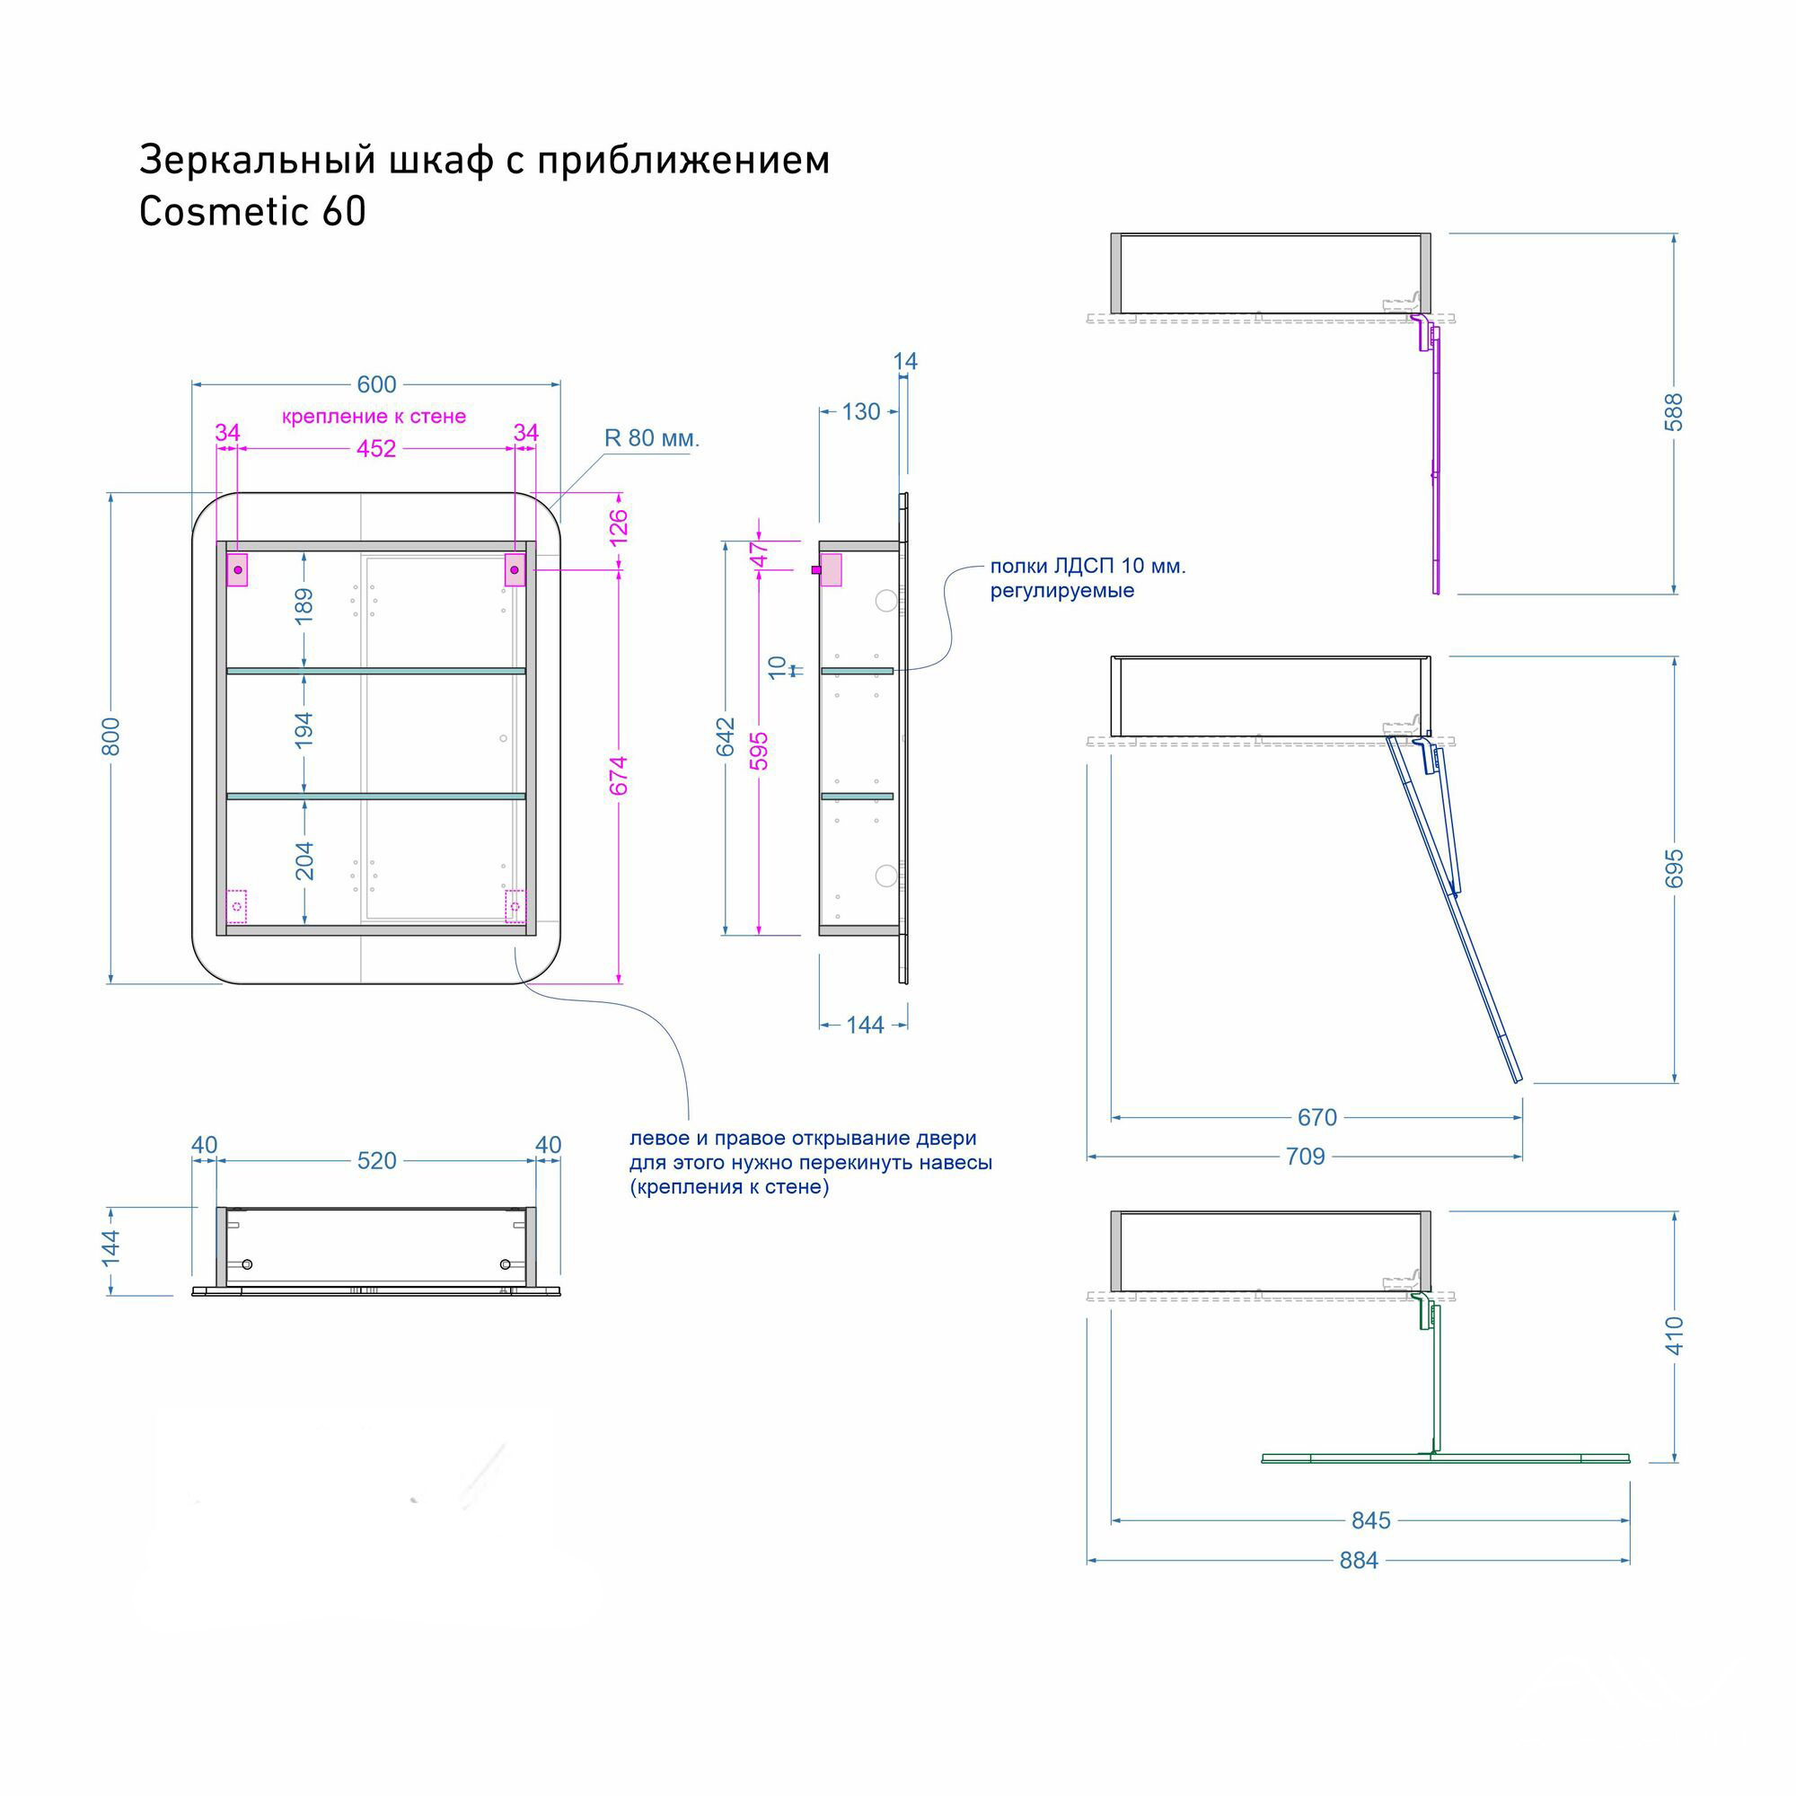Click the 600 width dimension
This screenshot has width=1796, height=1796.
pos(376,384)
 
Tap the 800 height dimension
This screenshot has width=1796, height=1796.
pos(110,736)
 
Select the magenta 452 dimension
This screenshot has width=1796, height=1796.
pos(376,449)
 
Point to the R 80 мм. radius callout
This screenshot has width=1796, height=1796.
pos(652,438)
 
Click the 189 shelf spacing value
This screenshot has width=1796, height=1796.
pos(304,606)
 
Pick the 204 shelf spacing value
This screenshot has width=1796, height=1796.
pos(304,861)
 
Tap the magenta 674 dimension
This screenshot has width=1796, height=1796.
pos(619,775)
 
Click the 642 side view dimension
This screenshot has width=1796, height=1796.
pos(725,736)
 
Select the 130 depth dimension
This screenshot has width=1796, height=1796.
pos(861,412)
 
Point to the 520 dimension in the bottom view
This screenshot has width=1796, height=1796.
pos(376,1160)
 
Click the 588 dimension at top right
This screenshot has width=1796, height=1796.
pos(1673,412)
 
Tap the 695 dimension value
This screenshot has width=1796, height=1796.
pos(1673,868)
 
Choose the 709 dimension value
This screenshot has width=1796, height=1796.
pos(1305,1157)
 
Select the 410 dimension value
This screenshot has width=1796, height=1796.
pos(1673,1335)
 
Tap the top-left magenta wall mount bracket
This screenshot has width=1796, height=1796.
pos(237,569)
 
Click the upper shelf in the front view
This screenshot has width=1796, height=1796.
pos(376,670)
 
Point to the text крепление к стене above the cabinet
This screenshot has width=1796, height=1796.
pos(374,417)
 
